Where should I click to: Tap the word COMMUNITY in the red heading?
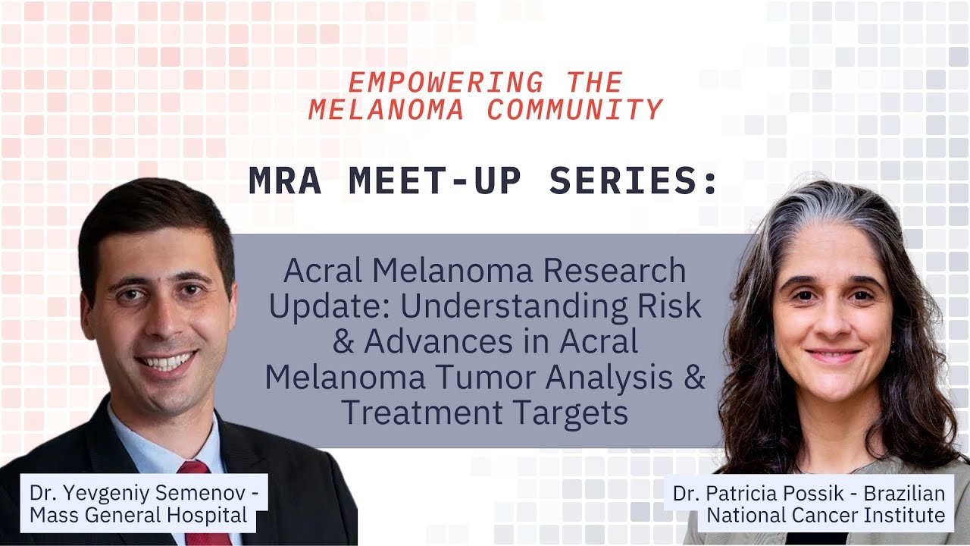(574, 110)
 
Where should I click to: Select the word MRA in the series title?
(284, 182)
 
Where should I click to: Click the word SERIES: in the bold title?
(633, 182)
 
